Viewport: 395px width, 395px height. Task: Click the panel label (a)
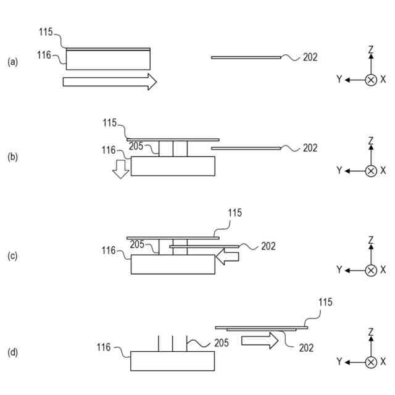[12, 62]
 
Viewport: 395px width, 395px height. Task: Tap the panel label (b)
[12, 157]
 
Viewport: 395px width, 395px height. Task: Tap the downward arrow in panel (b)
[122, 170]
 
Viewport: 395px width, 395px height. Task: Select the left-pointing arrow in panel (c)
[228, 260]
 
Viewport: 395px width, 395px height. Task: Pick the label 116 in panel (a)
[44, 55]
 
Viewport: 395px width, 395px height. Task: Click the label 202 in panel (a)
[310, 57]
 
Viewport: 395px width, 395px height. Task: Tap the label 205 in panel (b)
[137, 146]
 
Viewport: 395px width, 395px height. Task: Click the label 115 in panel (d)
[325, 302]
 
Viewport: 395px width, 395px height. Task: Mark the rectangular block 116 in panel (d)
[173, 361]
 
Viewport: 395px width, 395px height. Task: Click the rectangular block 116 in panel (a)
[109, 60]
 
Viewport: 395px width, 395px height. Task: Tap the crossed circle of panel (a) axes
[371, 80]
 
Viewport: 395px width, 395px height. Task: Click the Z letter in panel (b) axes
[371, 141]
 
